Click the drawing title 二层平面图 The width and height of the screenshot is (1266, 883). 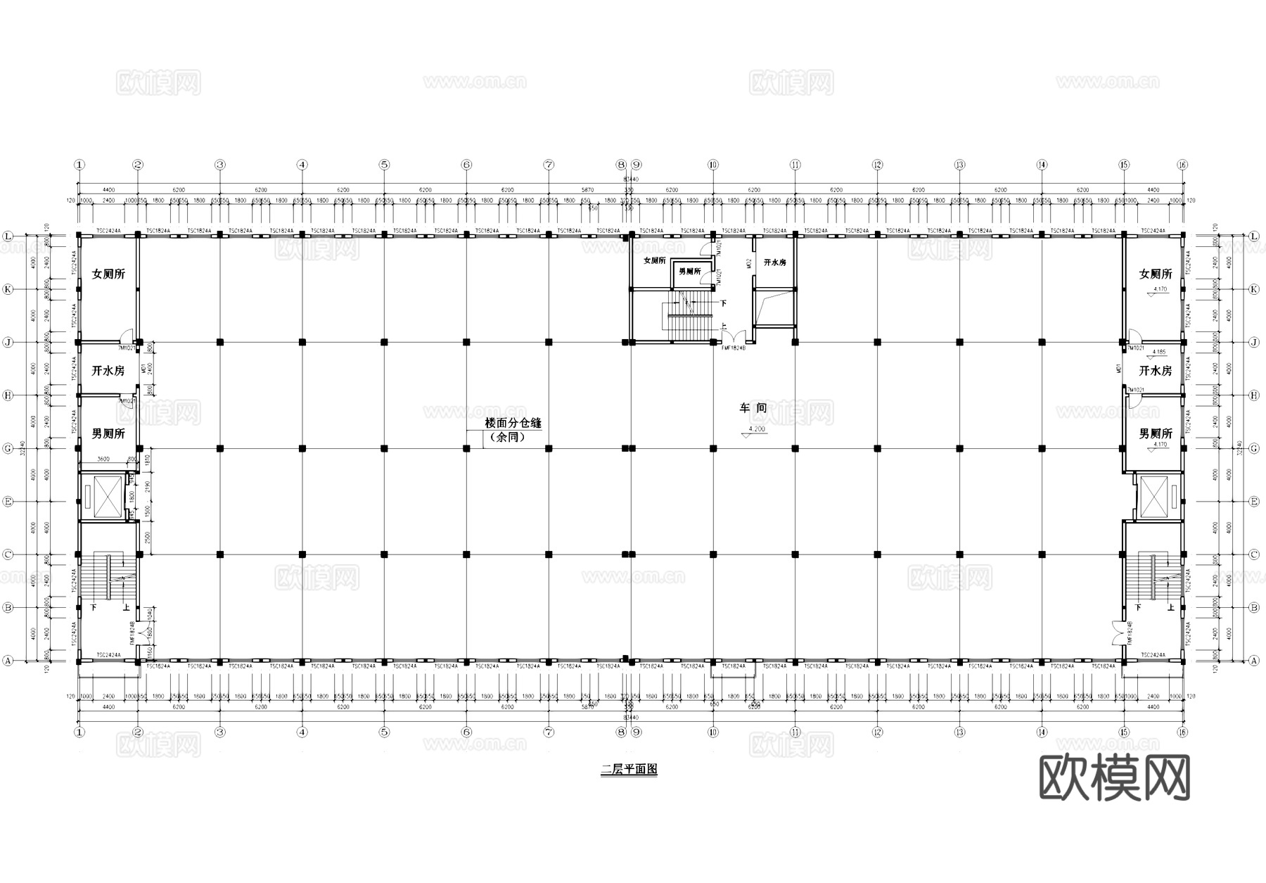[629, 770]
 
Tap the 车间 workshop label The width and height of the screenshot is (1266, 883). [753, 407]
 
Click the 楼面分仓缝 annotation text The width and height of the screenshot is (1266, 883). [513, 424]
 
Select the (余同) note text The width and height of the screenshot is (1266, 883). [506, 437]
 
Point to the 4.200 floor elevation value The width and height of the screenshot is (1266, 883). [757, 428]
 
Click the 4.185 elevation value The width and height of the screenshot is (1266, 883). [1158, 352]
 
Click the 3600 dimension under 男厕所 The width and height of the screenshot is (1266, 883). [103, 459]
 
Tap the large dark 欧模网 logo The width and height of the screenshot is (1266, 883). [1115, 777]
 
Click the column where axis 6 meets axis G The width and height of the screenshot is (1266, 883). [466, 448]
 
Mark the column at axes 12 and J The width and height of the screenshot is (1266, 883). [877, 342]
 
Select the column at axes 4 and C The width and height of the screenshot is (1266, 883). [302, 554]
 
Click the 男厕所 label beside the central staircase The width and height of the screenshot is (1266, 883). [689, 272]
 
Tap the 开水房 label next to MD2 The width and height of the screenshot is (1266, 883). [774, 262]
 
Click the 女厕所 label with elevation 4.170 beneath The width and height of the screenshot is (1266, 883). [1156, 274]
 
